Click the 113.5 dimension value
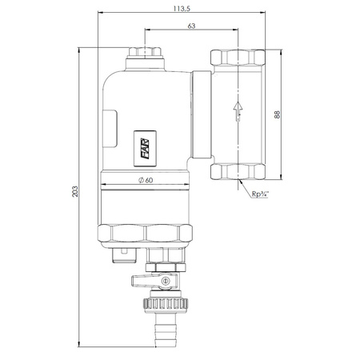pyautogui.click(x=182, y=9)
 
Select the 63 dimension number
pyautogui.click(x=191, y=26)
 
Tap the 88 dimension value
pyautogui.click(x=277, y=114)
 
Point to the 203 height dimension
pyautogui.click(x=75, y=191)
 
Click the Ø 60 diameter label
pyautogui.click(x=146, y=180)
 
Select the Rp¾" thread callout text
pyautogui.click(x=260, y=194)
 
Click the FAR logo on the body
pyautogui.click(x=145, y=149)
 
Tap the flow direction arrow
pyautogui.click(x=238, y=111)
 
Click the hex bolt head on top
pyautogui.click(x=145, y=52)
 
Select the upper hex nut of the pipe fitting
pyautogui.click(x=238, y=58)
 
